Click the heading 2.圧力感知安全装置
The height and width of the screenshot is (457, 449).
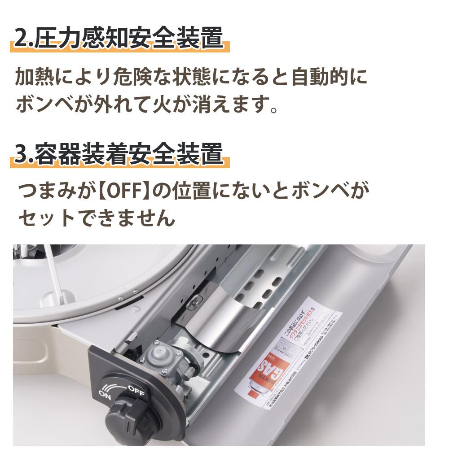pos(119,39)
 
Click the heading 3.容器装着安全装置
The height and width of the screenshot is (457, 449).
pos(119,154)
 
